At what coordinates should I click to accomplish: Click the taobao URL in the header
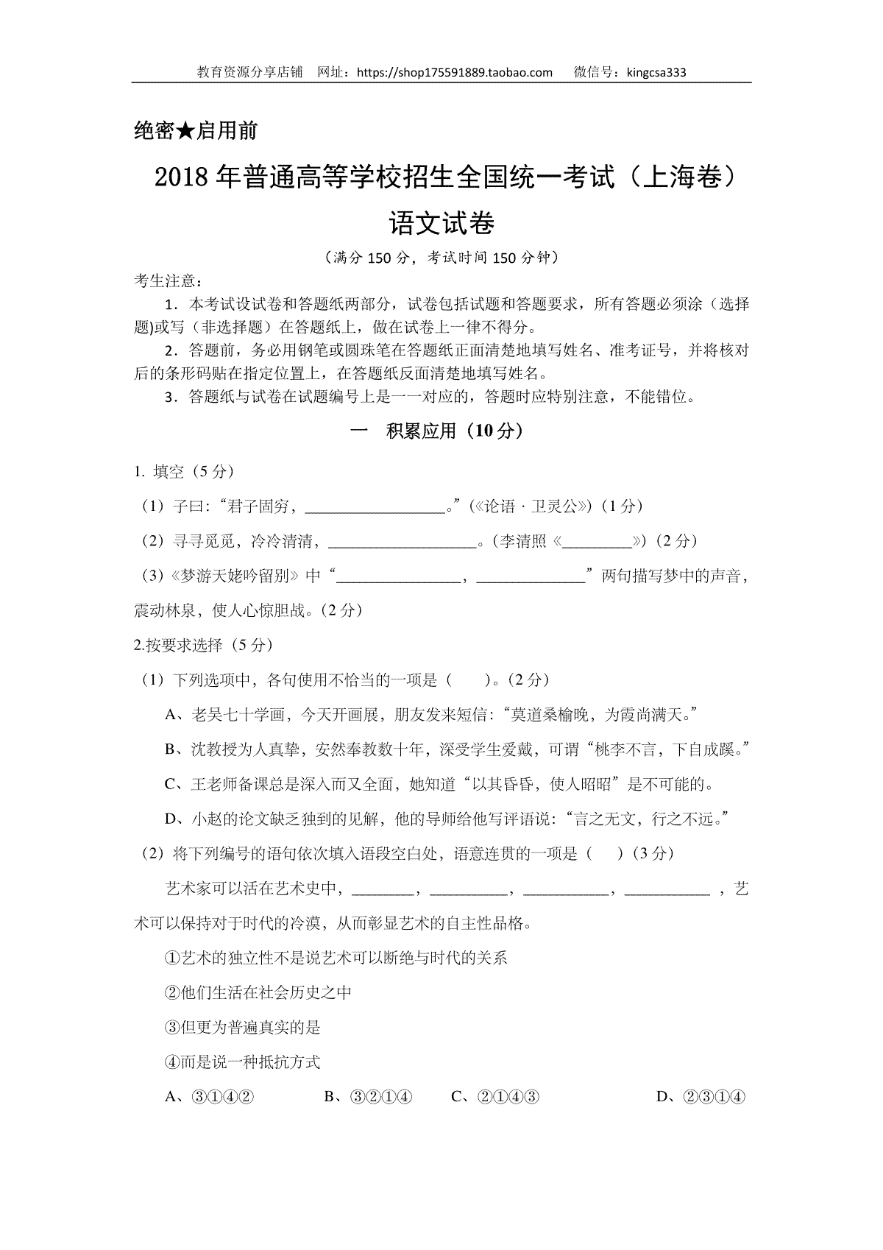tap(453, 72)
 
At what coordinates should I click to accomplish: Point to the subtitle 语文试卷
tap(441, 222)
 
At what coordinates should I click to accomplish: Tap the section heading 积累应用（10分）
tap(454, 431)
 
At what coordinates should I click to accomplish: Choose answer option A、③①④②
tap(210, 1098)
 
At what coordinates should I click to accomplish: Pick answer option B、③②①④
tap(369, 1098)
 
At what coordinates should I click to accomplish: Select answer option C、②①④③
tap(496, 1098)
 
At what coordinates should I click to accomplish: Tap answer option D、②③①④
tap(701, 1098)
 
